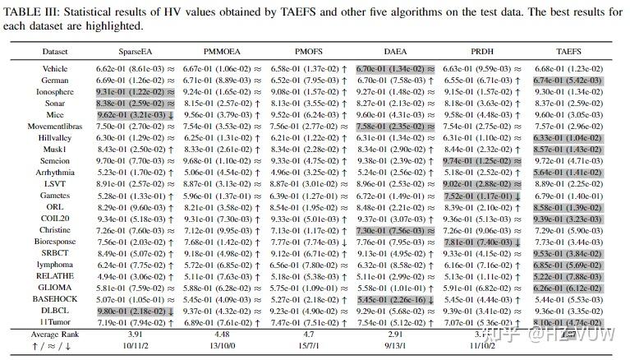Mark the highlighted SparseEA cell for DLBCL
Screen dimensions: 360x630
[135, 311]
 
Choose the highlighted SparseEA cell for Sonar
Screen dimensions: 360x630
[135, 104]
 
